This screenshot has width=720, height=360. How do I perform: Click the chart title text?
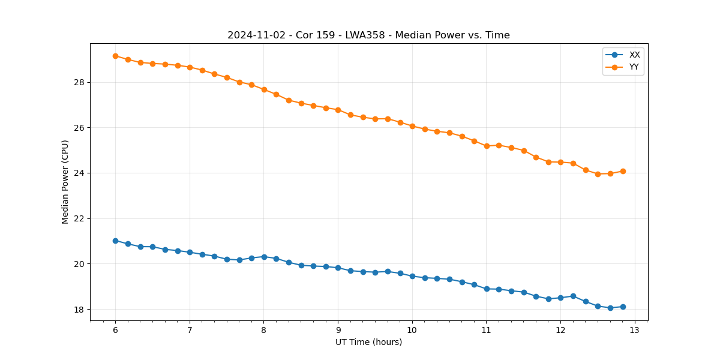(x=368, y=35)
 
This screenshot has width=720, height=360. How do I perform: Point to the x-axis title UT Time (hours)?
(x=368, y=342)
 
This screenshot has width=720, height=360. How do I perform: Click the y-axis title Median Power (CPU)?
(x=65, y=182)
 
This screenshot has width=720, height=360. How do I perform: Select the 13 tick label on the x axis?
(x=635, y=330)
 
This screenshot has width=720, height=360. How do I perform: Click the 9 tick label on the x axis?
(x=338, y=330)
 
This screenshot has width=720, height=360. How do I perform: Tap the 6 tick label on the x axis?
(x=115, y=330)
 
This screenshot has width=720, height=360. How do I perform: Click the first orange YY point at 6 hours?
(x=115, y=56)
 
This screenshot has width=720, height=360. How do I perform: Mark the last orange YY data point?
(x=623, y=171)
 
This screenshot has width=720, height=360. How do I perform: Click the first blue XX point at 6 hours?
(x=115, y=241)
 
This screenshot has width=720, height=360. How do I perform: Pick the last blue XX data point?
(x=623, y=307)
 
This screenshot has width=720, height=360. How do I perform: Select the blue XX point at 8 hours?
(x=264, y=257)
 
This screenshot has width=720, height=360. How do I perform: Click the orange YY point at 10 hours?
(x=412, y=126)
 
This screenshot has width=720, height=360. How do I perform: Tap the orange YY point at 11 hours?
(x=487, y=146)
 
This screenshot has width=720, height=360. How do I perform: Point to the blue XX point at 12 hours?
(x=560, y=298)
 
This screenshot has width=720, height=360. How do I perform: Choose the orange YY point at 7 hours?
(x=190, y=67)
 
